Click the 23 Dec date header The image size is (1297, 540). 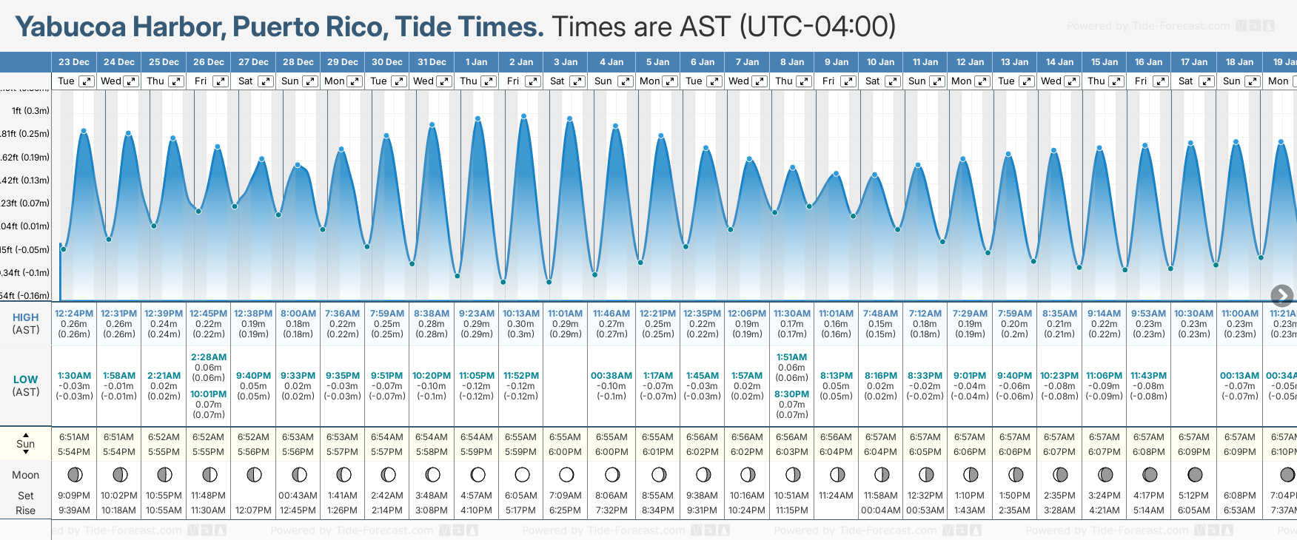[x=74, y=62]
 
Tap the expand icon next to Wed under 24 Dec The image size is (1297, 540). [x=131, y=81]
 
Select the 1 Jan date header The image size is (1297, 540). [x=476, y=62]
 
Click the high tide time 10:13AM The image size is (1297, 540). [x=521, y=314]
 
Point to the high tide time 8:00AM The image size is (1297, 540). [x=298, y=314]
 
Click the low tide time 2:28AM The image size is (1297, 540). [x=209, y=357]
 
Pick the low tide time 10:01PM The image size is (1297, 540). [x=209, y=394]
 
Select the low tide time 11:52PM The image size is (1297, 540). [x=521, y=376]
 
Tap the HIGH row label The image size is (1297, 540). [x=26, y=317]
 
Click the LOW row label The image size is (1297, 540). [x=26, y=379]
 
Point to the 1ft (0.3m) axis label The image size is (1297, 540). [x=30, y=111]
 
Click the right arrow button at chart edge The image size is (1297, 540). [x=1281, y=296]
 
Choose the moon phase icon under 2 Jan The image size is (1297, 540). [x=522, y=474]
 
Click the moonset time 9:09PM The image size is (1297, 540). [x=74, y=496]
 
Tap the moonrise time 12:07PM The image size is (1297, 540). [x=253, y=510]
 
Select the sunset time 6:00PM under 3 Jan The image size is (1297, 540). [x=566, y=452]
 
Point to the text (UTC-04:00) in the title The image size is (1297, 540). [x=817, y=27]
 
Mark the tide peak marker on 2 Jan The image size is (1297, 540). [x=524, y=116]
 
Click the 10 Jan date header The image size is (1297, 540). [x=881, y=62]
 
